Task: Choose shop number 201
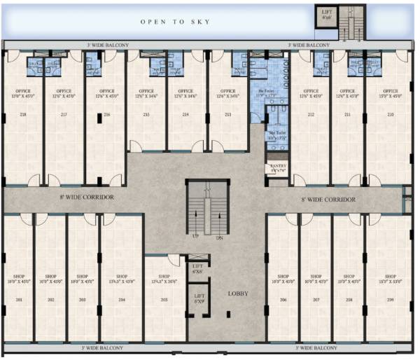(18, 300)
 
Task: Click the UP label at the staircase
(197, 238)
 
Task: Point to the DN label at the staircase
(219, 238)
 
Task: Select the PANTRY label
(277, 167)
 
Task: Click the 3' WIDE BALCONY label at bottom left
(102, 347)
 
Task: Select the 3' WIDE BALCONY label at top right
(309, 45)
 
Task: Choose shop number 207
(316, 300)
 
